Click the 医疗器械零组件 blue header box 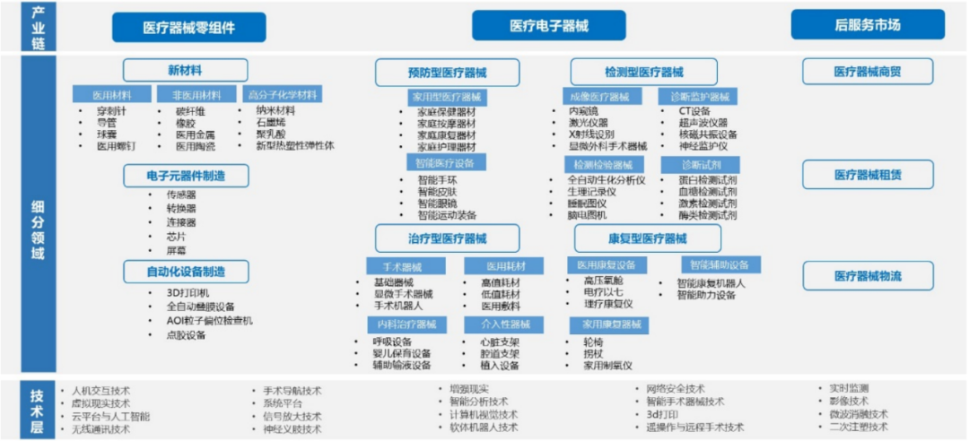189,27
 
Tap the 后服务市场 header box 868,24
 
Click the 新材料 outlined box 185,70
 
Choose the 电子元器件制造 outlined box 186,175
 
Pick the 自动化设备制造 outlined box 186,271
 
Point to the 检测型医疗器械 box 643,72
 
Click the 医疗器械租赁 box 867,174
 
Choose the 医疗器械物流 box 867,276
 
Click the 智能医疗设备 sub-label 446,163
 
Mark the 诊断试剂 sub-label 699,165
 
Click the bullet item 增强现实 469,389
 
